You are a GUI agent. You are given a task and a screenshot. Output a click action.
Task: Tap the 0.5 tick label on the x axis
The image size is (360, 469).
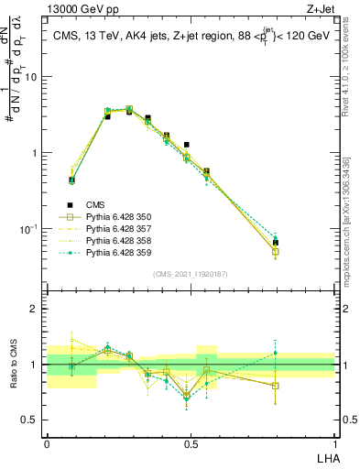190,443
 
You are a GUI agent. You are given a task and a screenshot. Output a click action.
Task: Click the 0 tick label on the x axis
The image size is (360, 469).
47,443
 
